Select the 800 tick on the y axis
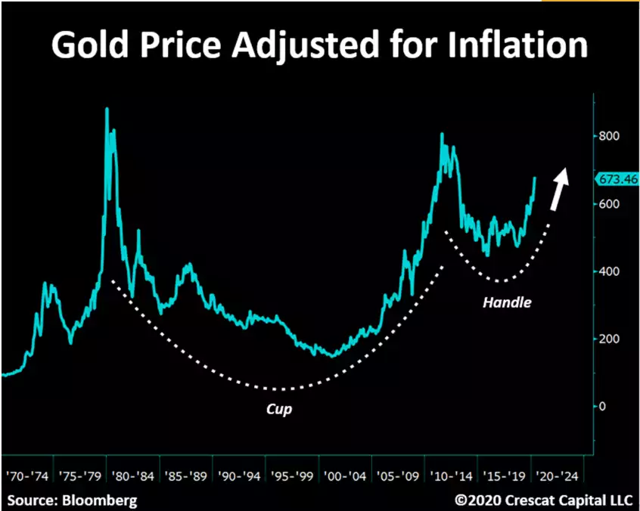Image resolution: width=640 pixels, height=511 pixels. pyautogui.click(x=610, y=137)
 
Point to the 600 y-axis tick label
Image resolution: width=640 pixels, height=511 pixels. pyautogui.click(x=610, y=204)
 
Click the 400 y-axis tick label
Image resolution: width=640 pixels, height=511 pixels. pyautogui.click(x=610, y=271)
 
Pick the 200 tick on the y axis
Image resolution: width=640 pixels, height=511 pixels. pyautogui.click(x=610, y=339)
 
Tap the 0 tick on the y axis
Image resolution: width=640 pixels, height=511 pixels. pyautogui.click(x=603, y=406)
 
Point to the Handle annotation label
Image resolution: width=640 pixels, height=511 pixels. pyautogui.click(x=507, y=302)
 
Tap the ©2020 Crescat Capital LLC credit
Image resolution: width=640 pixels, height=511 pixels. pyautogui.click(x=540, y=500)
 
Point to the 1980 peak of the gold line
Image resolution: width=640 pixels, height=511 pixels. pyautogui.click(x=107, y=110)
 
